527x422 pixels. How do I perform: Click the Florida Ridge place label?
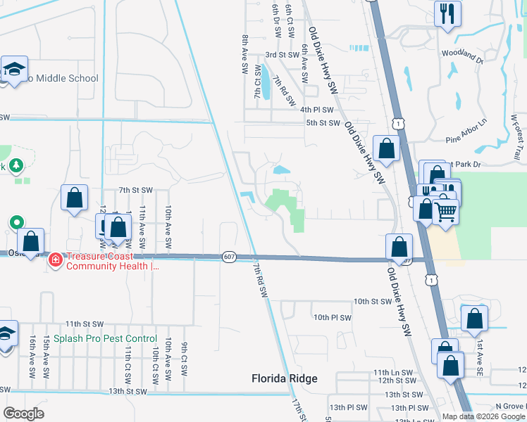(285, 378)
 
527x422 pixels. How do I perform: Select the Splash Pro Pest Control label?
(101, 339)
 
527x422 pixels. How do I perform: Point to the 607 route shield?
(228, 256)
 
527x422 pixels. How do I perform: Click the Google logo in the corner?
(24, 414)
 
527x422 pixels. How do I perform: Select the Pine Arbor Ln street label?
(466, 139)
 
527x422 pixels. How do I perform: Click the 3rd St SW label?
(283, 55)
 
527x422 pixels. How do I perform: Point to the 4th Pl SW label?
(316, 110)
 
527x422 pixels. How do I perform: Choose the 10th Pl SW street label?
(332, 318)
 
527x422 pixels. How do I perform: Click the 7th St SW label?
(136, 190)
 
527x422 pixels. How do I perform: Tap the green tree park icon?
(15, 167)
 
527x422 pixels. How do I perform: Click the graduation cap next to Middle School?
(13, 68)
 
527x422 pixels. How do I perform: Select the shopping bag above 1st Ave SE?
(474, 317)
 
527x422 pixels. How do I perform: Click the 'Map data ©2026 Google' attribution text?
(483, 416)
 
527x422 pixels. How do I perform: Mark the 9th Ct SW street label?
(183, 358)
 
